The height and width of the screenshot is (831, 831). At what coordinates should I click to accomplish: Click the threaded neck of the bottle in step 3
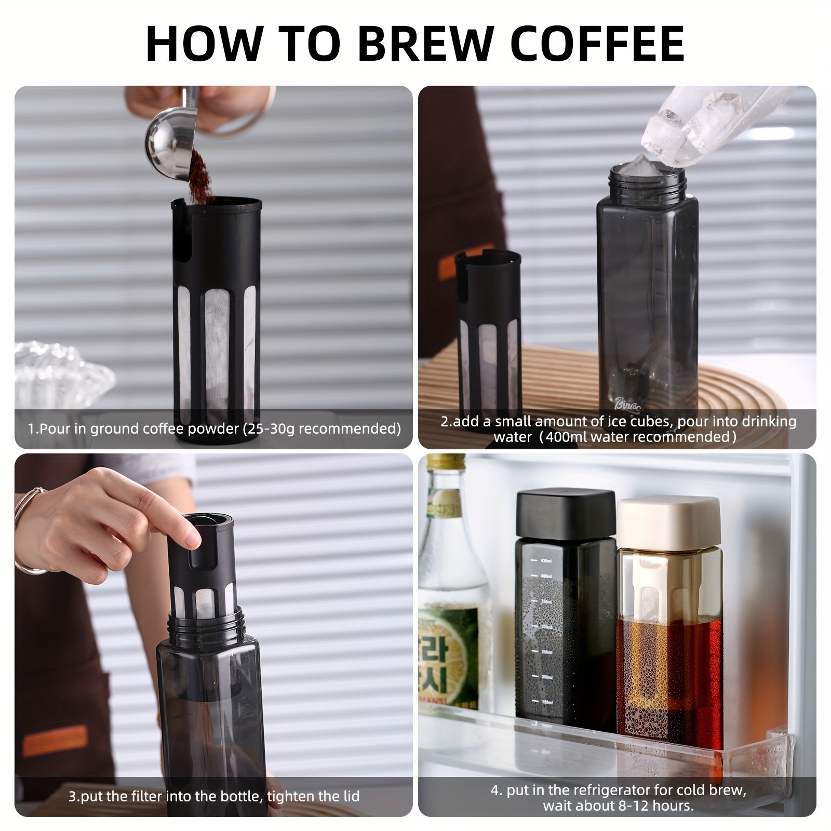206,623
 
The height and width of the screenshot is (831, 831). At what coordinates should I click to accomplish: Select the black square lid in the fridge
566,514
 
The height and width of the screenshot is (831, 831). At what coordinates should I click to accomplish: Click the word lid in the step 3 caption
349,797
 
